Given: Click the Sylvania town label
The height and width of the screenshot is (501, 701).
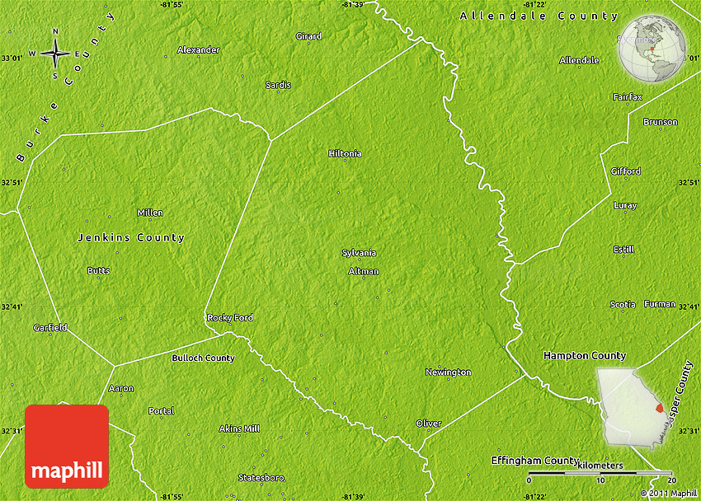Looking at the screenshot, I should click(359, 253).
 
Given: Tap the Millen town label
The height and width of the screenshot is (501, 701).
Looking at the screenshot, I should click(150, 213).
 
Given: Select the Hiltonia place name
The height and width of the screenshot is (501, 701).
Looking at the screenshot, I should click(345, 153).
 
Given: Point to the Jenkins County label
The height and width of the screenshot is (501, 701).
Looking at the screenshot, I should click(131, 237).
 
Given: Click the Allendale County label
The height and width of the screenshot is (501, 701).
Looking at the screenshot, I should click(539, 16).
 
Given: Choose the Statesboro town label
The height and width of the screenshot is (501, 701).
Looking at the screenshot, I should click(261, 478).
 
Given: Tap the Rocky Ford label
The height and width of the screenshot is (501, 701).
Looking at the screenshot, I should click(230, 317).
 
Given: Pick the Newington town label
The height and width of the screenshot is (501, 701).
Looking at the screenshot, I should click(448, 372).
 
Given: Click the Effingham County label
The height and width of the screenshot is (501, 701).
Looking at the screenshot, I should click(535, 460).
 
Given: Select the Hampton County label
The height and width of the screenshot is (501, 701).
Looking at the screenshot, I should click(585, 355).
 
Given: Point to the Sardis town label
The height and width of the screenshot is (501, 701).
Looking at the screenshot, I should click(278, 85).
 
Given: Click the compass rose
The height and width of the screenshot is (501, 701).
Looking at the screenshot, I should click(55, 54).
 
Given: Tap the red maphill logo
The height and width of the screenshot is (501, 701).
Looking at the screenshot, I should click(67, 447).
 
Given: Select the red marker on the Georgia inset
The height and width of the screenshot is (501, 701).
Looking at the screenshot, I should click(658, 408).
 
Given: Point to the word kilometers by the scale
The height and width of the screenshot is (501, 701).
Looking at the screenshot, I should click(600, 466).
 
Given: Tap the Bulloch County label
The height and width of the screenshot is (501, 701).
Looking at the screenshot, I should click(203, 358).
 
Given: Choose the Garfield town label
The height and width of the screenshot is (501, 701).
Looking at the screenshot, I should click(50, 327).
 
